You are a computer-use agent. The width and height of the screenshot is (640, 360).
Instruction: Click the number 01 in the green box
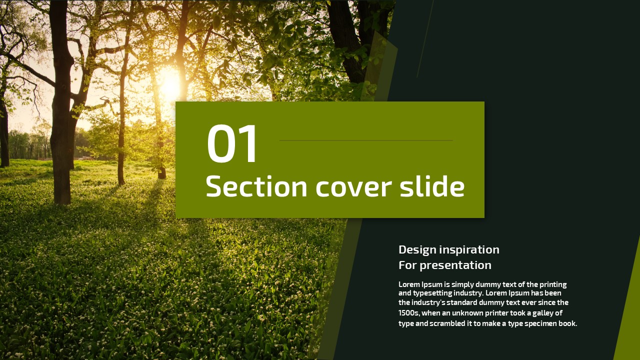231,143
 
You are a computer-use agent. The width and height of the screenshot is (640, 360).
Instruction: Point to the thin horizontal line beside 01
366,140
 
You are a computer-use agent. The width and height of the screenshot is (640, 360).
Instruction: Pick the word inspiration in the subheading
469,250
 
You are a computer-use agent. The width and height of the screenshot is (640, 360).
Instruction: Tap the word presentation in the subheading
455,265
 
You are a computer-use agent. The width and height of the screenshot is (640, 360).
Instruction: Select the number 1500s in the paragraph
409,313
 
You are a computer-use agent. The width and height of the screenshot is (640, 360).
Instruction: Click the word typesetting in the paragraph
432,293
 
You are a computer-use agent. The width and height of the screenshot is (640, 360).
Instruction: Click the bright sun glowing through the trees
169,83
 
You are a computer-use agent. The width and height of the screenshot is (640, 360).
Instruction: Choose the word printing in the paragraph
553,285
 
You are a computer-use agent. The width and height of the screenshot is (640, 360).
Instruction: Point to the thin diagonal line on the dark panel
425,38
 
